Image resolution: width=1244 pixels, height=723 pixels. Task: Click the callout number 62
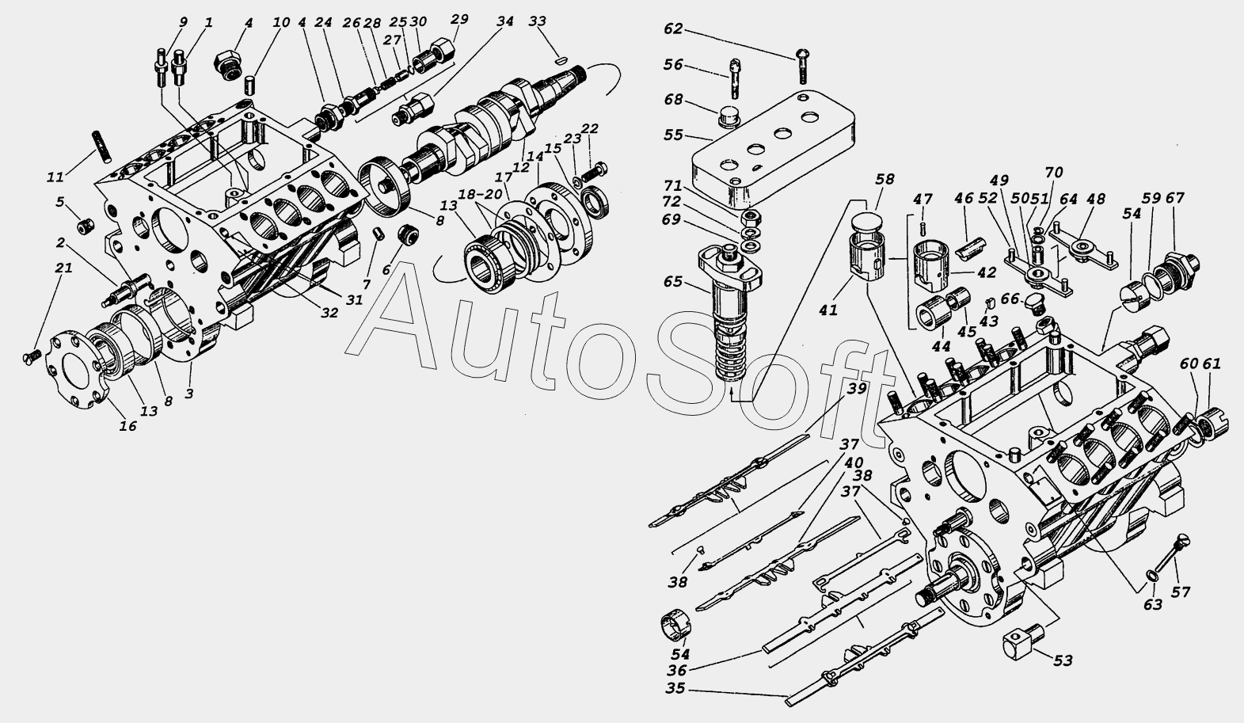[673, 29]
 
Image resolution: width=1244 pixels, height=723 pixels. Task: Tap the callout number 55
[673, 135]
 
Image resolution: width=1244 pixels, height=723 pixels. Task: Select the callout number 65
[672, 282]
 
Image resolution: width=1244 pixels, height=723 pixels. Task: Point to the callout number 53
[1062, 660]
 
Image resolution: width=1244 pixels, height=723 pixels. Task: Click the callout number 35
[675, 689]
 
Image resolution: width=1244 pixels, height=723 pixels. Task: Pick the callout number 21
[63, 268]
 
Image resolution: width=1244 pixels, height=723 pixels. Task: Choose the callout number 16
[127, 426]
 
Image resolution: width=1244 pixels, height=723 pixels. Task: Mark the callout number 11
[55, 177]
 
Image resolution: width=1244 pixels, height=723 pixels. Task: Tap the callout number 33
[537, 21]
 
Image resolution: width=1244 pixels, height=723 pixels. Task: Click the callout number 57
[1181, 592]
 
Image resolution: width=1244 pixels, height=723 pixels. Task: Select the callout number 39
[856, 389]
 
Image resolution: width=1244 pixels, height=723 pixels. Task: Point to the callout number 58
[884, 179]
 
